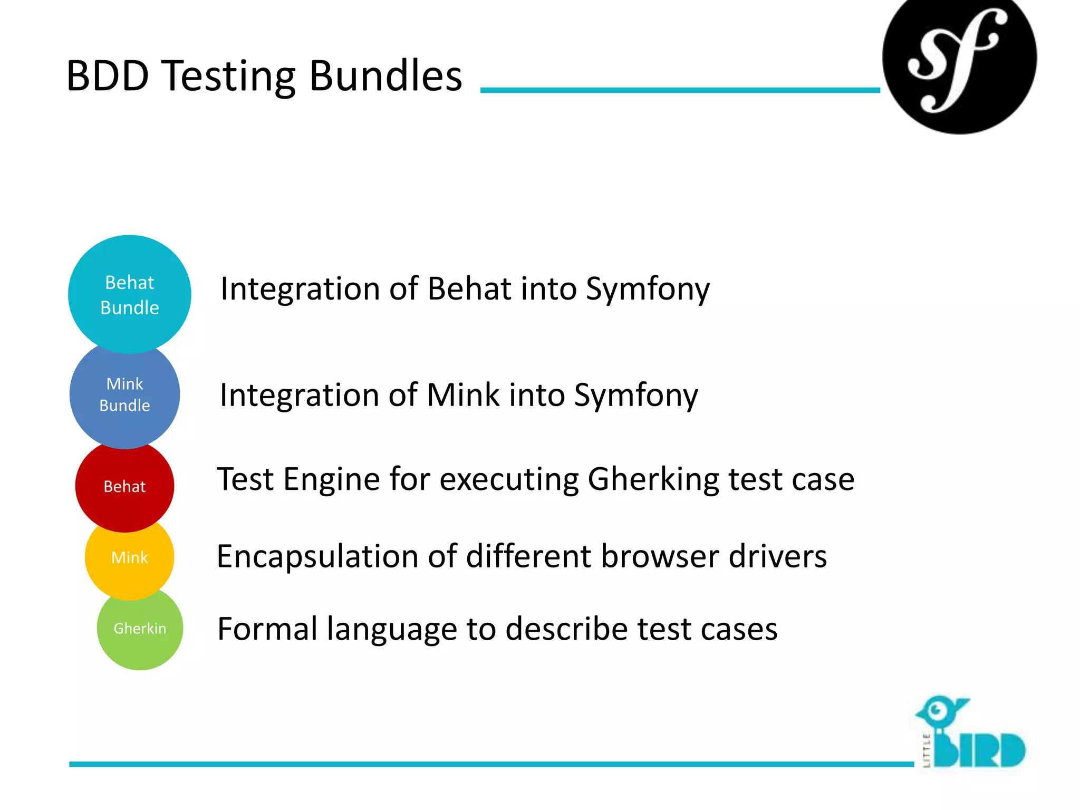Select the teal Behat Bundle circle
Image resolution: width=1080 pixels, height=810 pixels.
130,294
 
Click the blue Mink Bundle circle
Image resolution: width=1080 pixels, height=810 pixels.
125,394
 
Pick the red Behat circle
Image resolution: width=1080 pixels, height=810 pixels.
125,486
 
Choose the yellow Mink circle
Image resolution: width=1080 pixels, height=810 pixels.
130,557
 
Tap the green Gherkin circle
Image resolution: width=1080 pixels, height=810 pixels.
140,629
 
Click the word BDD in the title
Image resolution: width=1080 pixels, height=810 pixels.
108,76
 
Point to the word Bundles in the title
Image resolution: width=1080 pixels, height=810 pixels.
385,76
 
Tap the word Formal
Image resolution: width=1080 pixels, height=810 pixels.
267,629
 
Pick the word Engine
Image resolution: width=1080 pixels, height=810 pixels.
331,479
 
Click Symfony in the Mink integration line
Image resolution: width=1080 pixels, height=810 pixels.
636,396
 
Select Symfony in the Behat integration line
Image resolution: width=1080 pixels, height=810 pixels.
648,289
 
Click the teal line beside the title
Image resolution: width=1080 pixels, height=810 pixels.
680,90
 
